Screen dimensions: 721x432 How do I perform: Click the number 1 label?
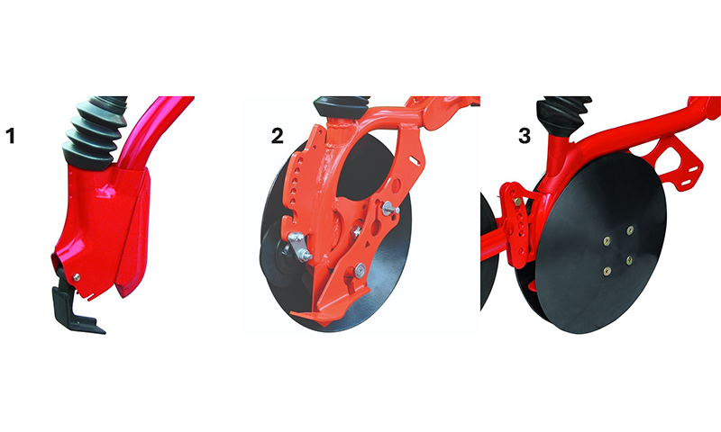coord(10,136)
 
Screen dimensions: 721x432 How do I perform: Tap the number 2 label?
coord(278,136)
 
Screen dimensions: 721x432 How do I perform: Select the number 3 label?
coord(525,136)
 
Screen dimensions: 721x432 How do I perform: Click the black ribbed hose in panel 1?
coord(96,131)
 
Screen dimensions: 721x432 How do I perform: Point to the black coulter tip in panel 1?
coord(76,306)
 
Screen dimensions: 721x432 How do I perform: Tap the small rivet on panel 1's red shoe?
coord(77,277)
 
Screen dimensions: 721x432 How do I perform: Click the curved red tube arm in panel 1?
coord(147,133)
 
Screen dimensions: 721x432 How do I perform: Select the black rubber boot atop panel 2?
coord(342,107)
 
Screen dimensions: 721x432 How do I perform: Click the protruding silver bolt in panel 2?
coord(390,209)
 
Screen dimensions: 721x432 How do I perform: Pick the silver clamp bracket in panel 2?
coord(299,246)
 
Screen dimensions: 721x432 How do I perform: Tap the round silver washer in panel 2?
coord(359,270)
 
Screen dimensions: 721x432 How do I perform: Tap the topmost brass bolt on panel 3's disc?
coord(630,229)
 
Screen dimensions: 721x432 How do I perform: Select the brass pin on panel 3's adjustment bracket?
coord(518,202)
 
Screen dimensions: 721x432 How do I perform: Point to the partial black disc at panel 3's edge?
coord(488,250)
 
